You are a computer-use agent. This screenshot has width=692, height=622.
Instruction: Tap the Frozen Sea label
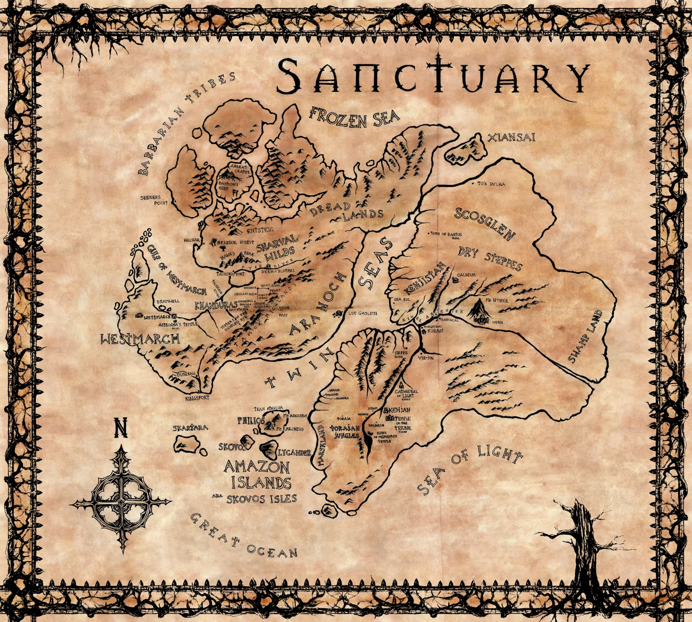[x=354, y=117]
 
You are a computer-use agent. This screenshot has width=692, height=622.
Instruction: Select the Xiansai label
[x=511, y=138]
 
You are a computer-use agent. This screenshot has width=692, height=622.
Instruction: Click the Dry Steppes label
[x=490, y=258]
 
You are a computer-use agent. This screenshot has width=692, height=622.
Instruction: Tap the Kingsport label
[x=197, y=398]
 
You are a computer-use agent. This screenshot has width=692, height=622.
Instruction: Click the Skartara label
[x=190, y=428]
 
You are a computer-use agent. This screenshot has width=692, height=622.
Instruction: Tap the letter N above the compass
[x=120, y=428]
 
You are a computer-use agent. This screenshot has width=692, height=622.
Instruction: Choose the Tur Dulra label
[x=491, y=184]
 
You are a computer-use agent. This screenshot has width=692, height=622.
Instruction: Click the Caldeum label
[x=466, y=275]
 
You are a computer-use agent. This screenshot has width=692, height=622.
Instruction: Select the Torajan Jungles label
[x=345, y=432]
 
